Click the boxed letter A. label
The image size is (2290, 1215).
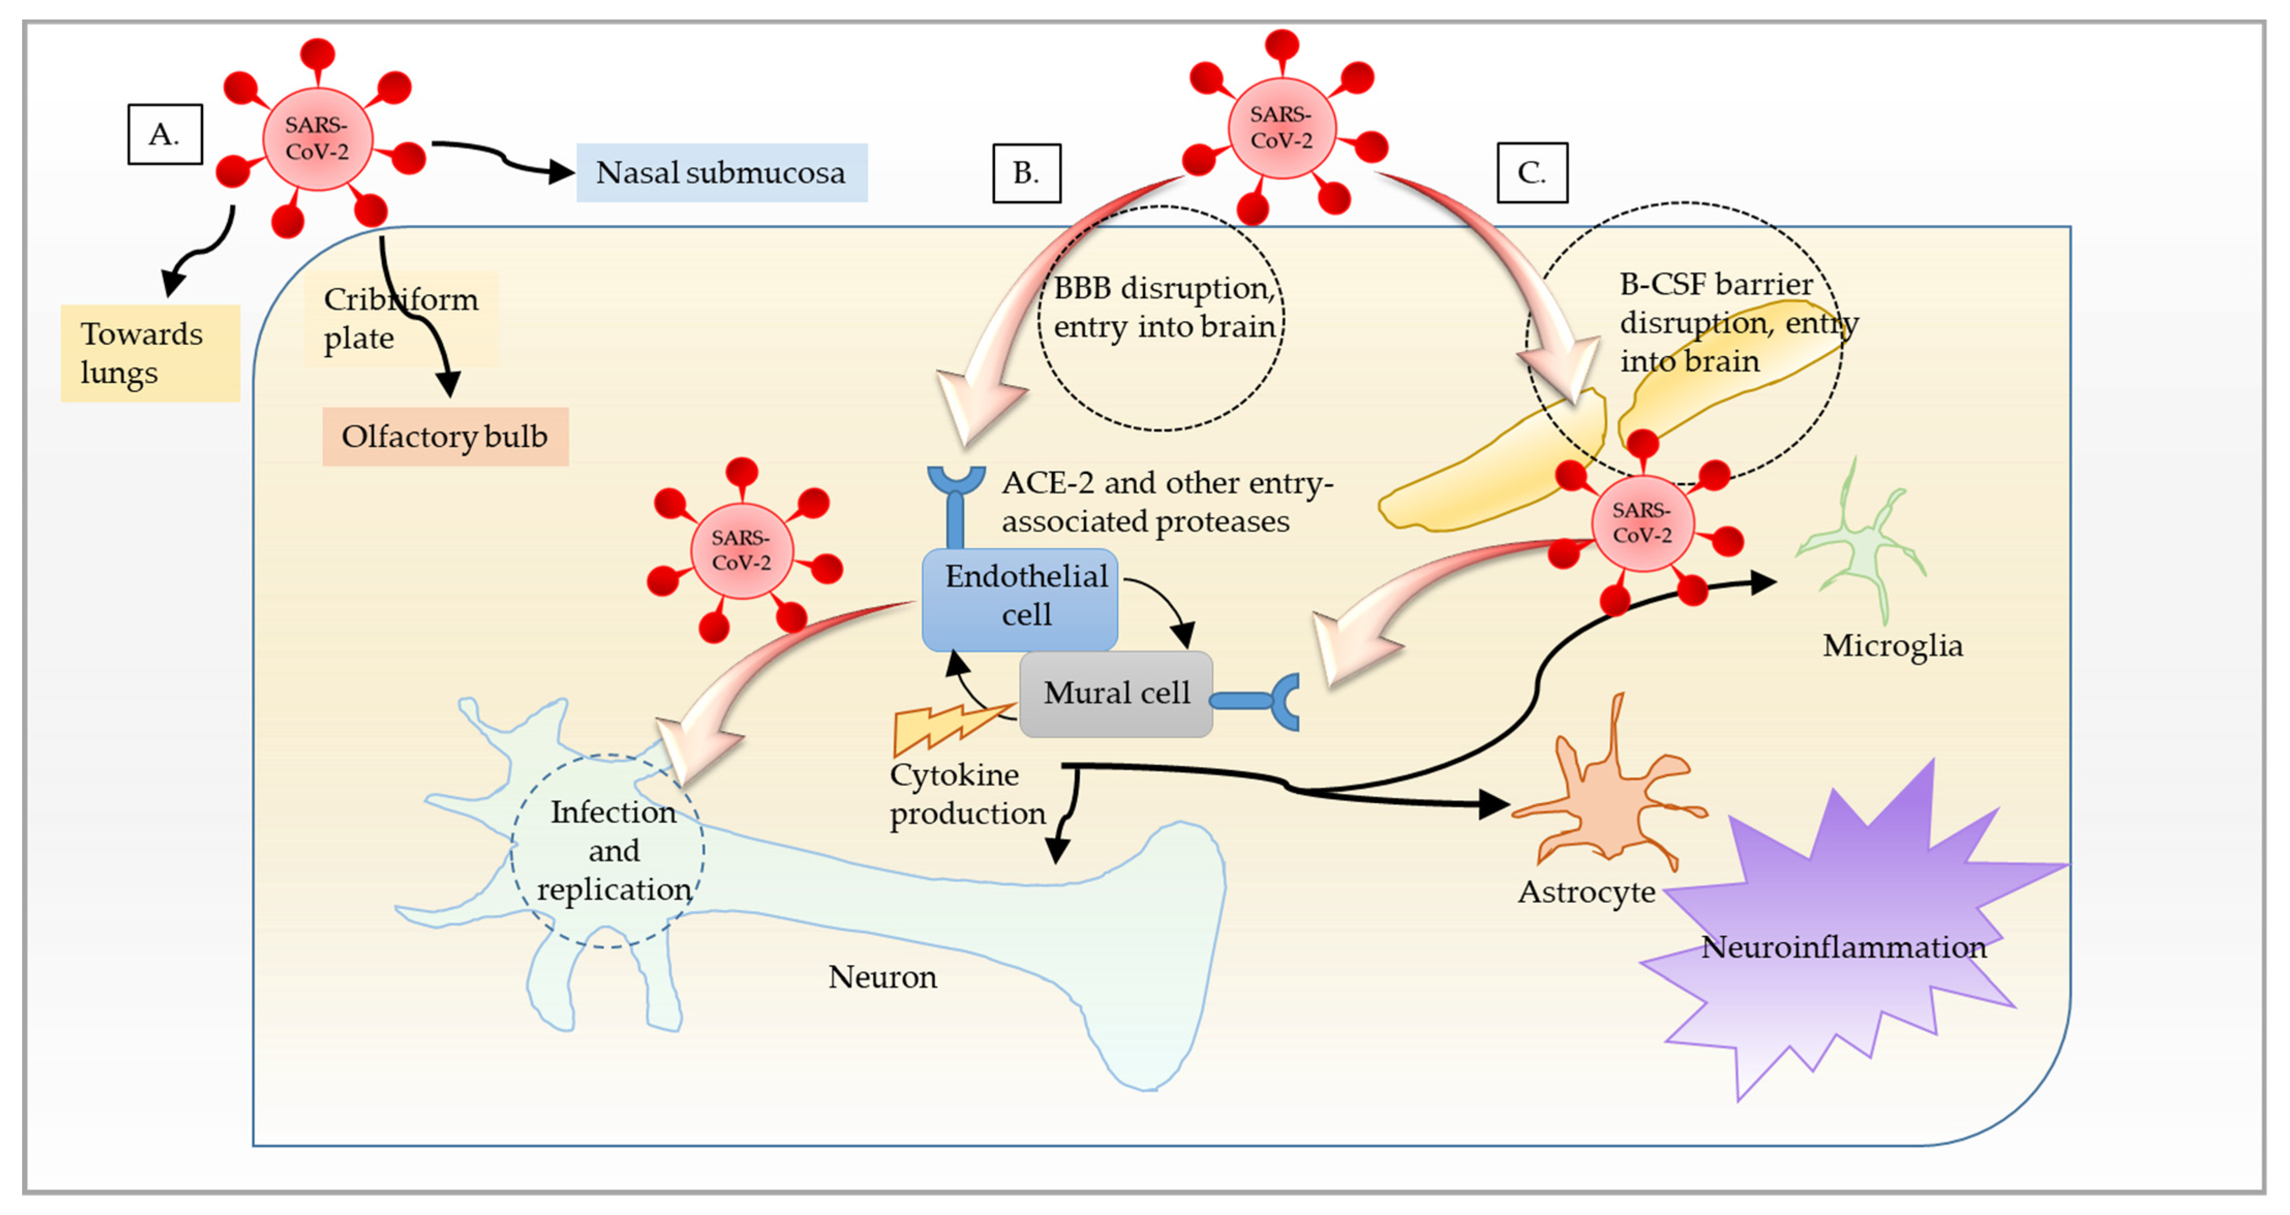tap(164, 134)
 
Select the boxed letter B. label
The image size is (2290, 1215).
tap(1026, 173)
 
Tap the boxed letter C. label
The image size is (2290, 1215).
tap(1532, 173)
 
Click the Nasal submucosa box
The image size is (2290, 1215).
tap(721, 173)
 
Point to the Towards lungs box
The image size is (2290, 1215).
tap(149, 353)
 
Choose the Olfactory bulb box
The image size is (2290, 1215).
tap(445, 436)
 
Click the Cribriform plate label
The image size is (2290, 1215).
tap(400, 318)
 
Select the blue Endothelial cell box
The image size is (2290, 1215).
tap(1020, 598)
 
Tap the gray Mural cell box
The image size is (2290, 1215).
tap(1116, 693)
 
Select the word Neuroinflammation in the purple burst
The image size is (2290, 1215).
tap(1843, 947)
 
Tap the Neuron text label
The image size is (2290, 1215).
tap(882, 977)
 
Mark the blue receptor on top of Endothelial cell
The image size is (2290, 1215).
tap(956, 502)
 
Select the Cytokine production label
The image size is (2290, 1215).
tap(967, 794)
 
